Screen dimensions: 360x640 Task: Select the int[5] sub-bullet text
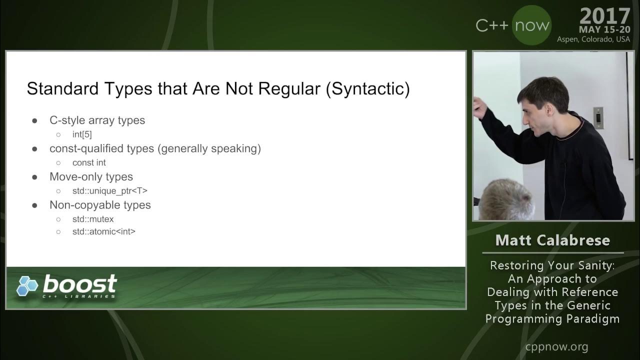(82, 134)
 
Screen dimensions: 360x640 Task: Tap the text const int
(89, 162)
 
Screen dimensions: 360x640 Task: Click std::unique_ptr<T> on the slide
(109, 190)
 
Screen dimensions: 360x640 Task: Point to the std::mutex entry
(93, 219)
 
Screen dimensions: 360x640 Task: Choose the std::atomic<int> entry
(103, 231)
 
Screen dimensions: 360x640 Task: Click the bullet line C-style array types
(97, 120)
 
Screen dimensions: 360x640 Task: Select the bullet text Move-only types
(91, 177)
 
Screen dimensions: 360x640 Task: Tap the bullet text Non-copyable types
(100, 205)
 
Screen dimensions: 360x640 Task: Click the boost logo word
(80, 284)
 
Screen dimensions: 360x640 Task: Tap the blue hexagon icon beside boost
(27, 286)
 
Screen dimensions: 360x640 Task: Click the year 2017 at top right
(605, 16)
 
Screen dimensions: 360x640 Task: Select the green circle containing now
(531, 25)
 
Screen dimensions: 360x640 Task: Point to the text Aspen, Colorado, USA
(593, 39)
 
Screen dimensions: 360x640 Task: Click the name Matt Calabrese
(552, 240)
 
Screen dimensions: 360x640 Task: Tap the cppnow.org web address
(556, 346)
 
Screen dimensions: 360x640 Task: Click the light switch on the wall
(598, 117)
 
